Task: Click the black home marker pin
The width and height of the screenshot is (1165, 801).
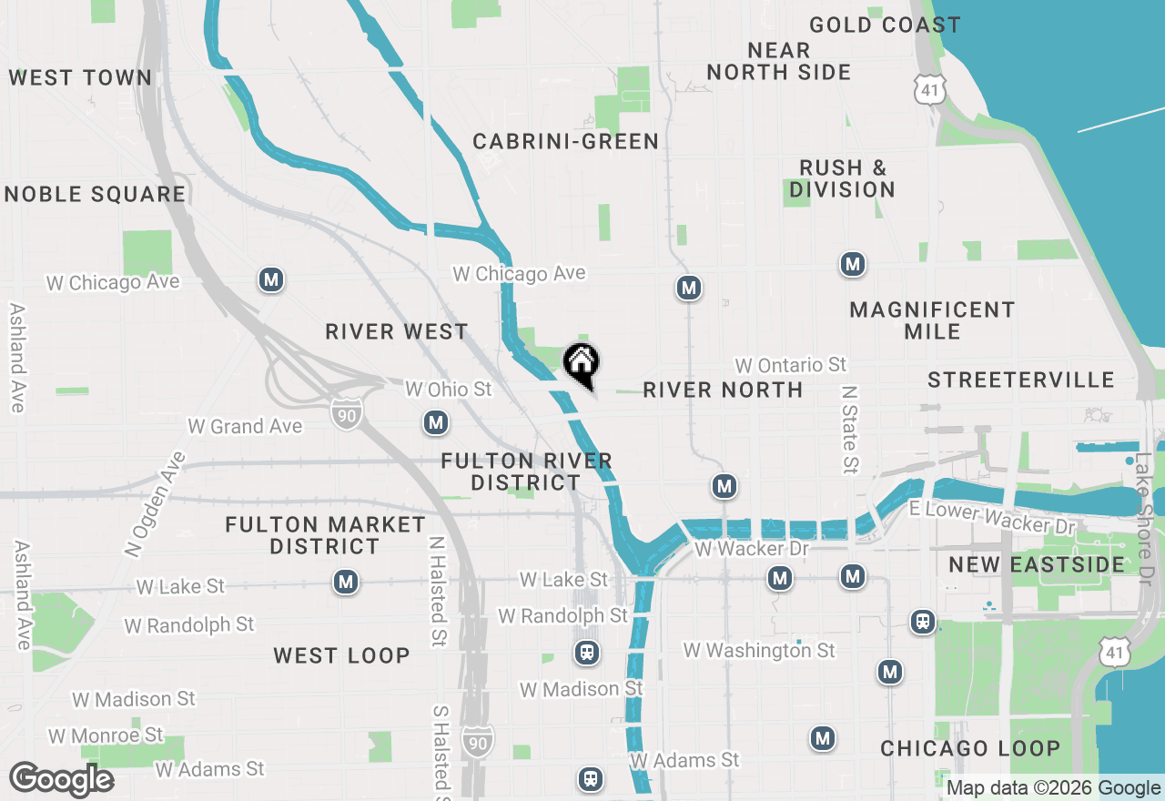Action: click(x=582, y=365)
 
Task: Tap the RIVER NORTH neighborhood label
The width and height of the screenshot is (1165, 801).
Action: click(x=723, y=390)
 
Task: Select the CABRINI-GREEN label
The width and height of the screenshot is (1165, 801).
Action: click(x=565, y=141)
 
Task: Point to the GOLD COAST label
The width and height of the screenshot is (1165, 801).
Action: click(x=885, y=25)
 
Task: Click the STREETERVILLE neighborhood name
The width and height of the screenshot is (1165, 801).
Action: click(x=1021, y=380)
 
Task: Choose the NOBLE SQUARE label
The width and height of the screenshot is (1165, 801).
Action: click(x=95, y=194)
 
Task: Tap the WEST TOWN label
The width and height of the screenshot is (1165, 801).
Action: click(x=80, y=77)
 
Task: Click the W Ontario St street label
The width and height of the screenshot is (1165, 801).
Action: click(x=790, y=365)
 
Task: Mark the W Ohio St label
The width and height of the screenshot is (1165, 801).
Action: click(x=448, y=390)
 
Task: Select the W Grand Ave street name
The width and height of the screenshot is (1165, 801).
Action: click(x=244, y=426)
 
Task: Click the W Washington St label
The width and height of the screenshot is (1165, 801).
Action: click(x=759, y=650)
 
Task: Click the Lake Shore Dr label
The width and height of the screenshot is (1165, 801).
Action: click(x=1143, y=520)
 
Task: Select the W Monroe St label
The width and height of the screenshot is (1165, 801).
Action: click(x=106, y=735)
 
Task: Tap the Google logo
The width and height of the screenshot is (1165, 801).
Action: click(x=61, y=779)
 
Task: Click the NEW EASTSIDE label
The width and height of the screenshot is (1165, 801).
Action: click(x=1037, y=564)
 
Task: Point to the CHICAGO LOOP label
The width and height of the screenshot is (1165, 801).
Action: click(x=970, y=748)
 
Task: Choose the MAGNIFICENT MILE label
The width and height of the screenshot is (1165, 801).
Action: click(x=932, y=320)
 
